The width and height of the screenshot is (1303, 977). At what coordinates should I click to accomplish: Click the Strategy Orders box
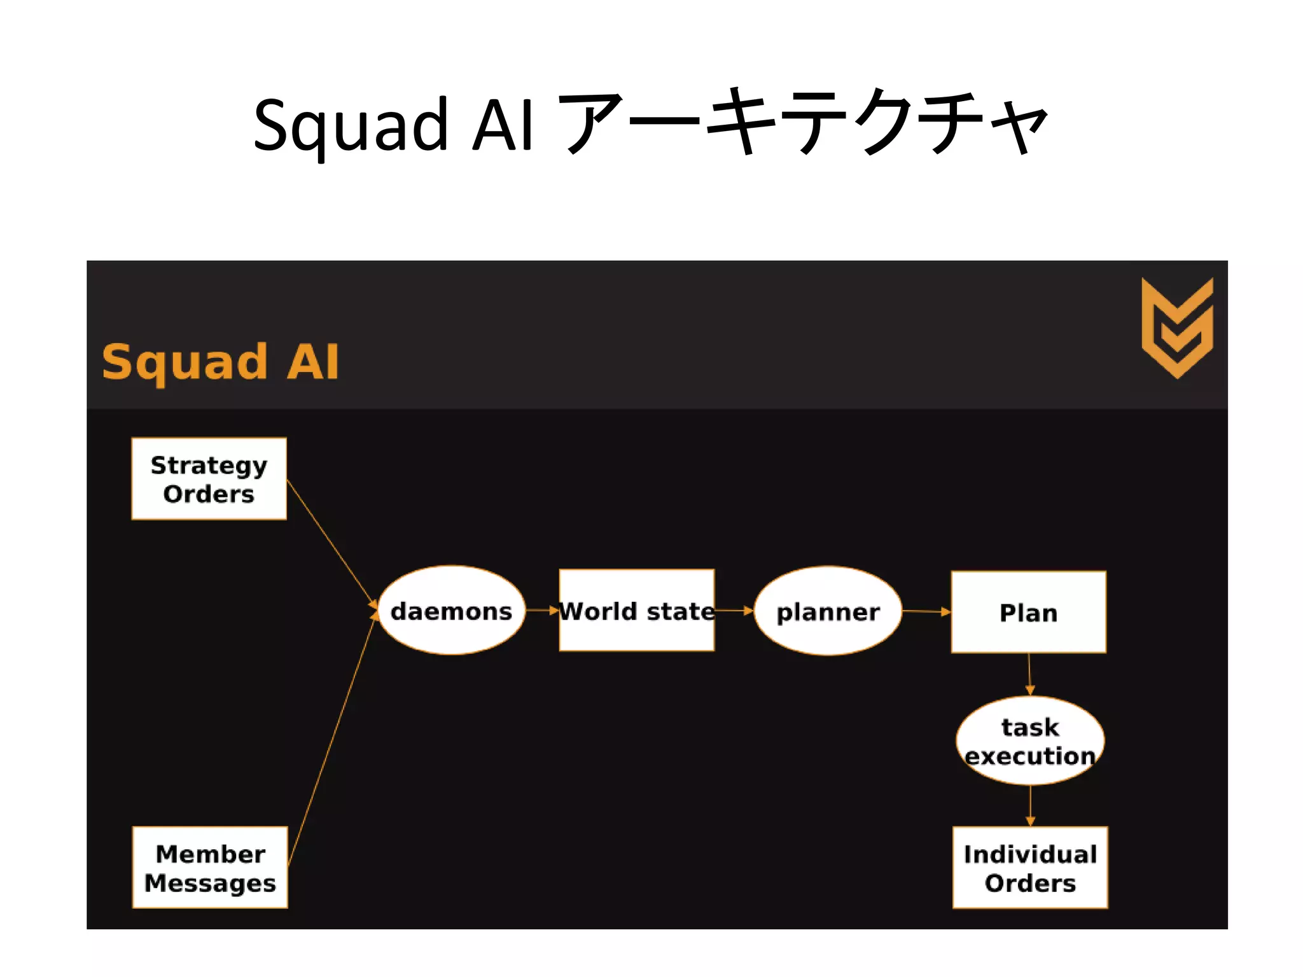click(x=209, y=478)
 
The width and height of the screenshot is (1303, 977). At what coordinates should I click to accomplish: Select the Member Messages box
click(x=210, y=867)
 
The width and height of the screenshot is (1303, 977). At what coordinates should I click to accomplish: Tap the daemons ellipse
click(x=451, y=611)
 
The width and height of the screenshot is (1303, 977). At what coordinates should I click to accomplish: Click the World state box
click(x=636, y=611)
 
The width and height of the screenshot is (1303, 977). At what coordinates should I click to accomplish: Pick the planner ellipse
click(x=828, y=611)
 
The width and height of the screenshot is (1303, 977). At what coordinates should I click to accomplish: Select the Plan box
click(x=1028, y=612)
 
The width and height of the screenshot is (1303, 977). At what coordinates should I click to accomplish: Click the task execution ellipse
click(x=1030, y=740)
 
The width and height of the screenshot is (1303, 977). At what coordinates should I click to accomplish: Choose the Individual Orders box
click(x=1030, y=867)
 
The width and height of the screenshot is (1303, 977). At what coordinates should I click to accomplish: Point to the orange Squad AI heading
click(x=220, y=362)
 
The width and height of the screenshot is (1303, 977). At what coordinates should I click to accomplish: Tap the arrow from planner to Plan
click(x=926, y=611)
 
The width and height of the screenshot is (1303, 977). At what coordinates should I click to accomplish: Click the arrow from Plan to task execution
click(x=1029, y=674)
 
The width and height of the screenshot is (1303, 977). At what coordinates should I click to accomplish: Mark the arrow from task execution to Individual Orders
click(x=1030, y=805)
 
